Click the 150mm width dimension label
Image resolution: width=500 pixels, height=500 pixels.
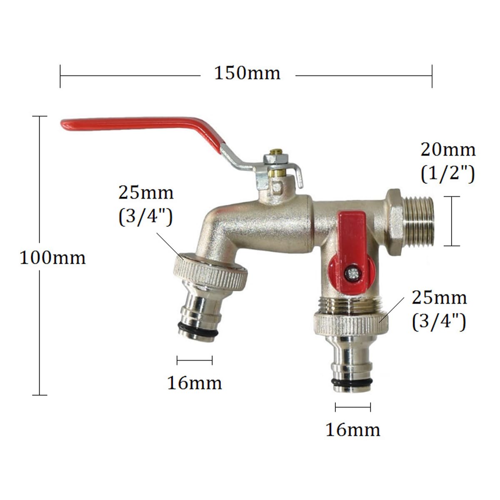[x=247, y=73]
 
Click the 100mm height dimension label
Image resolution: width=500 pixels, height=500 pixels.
[x=52, y=258]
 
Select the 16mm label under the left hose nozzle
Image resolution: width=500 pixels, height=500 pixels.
[x=195, y=383]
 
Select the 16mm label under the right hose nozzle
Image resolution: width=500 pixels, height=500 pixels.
[x=353, y=430]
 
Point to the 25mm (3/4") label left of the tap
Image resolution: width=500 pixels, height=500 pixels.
[x=146, y=205]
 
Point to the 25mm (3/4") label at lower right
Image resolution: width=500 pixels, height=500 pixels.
[x=439, y=310]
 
